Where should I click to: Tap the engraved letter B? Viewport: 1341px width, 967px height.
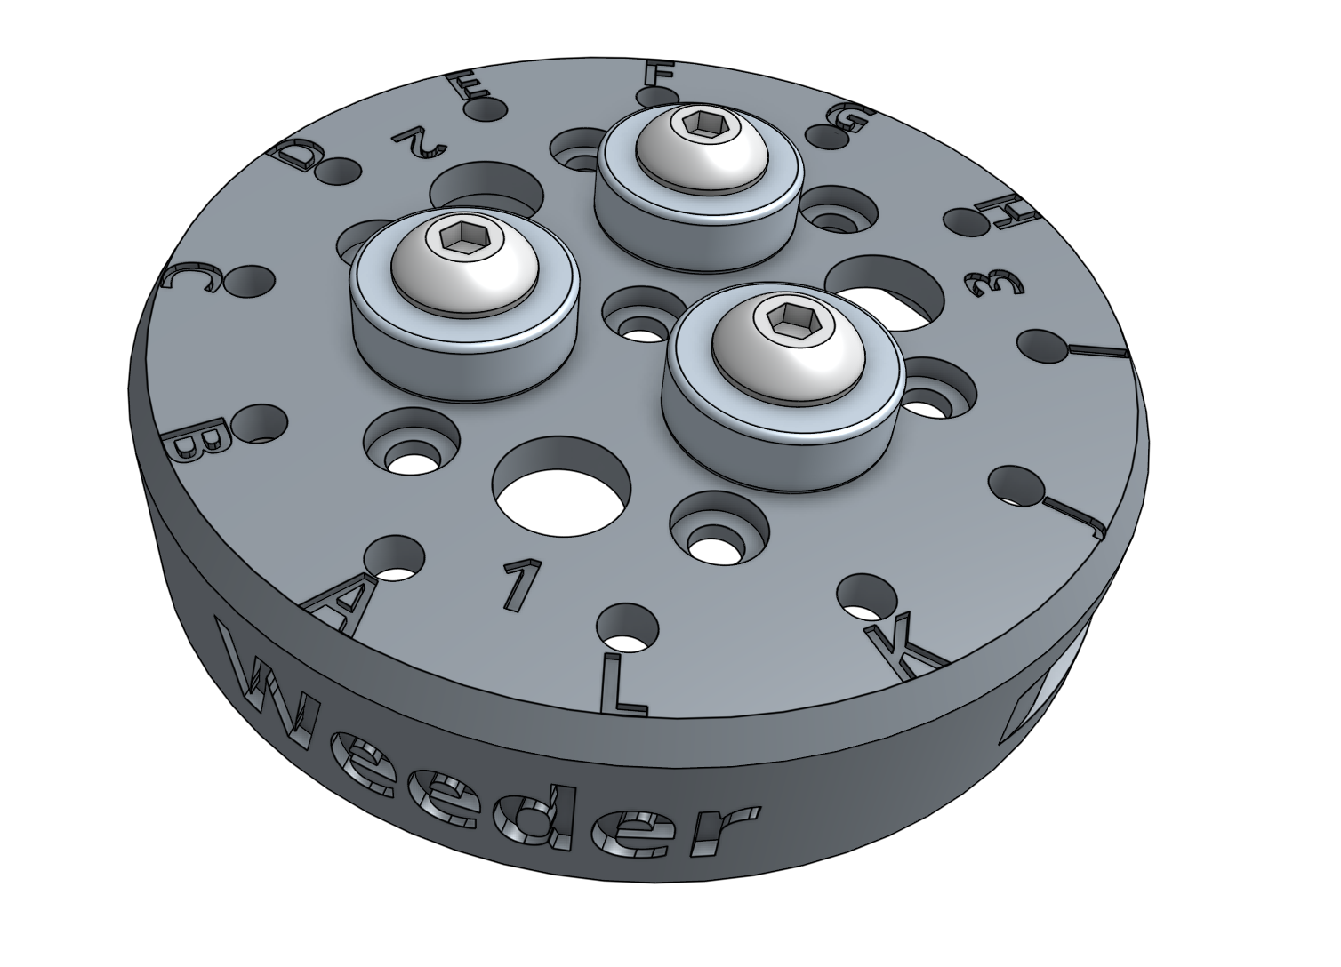(202, 440)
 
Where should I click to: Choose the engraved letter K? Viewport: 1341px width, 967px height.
(906, 647)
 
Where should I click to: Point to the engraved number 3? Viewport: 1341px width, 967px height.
(994, 284)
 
